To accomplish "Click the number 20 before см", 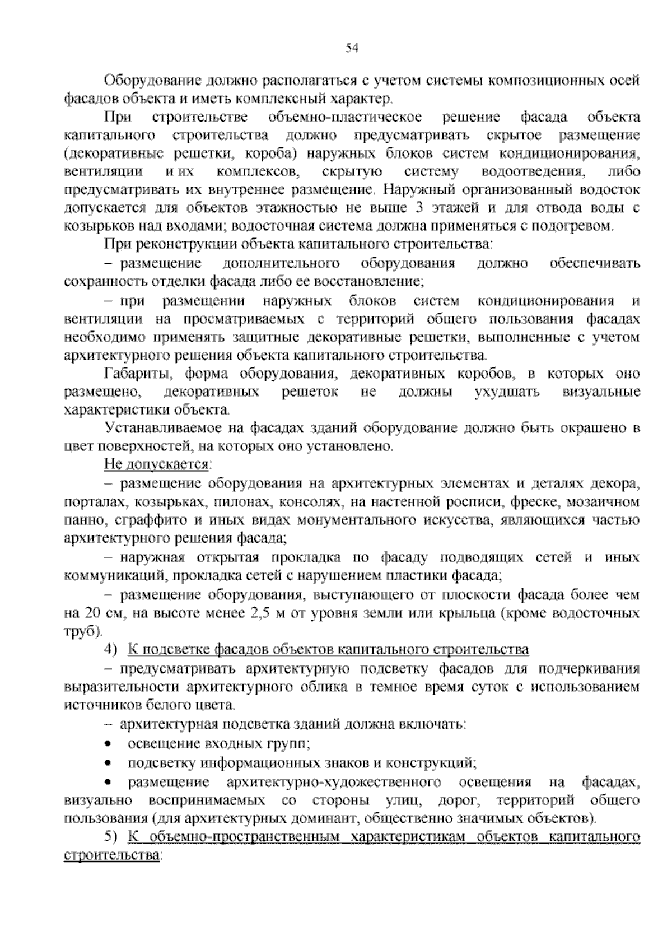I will (92, 612).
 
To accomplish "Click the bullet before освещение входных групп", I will (108, 744).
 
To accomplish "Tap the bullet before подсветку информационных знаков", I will (108, 762).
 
